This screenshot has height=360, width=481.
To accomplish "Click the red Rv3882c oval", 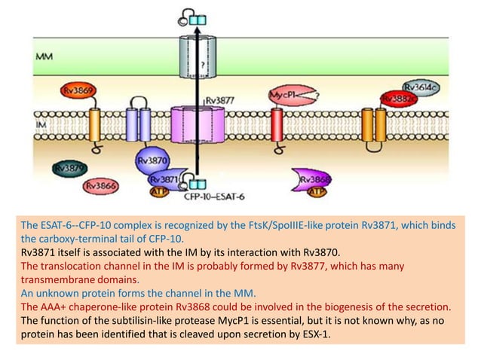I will tap(400, 99).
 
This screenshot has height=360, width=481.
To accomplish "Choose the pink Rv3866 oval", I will tap(100, 184).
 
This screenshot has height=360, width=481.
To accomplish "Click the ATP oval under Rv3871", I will tap(158, 192).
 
